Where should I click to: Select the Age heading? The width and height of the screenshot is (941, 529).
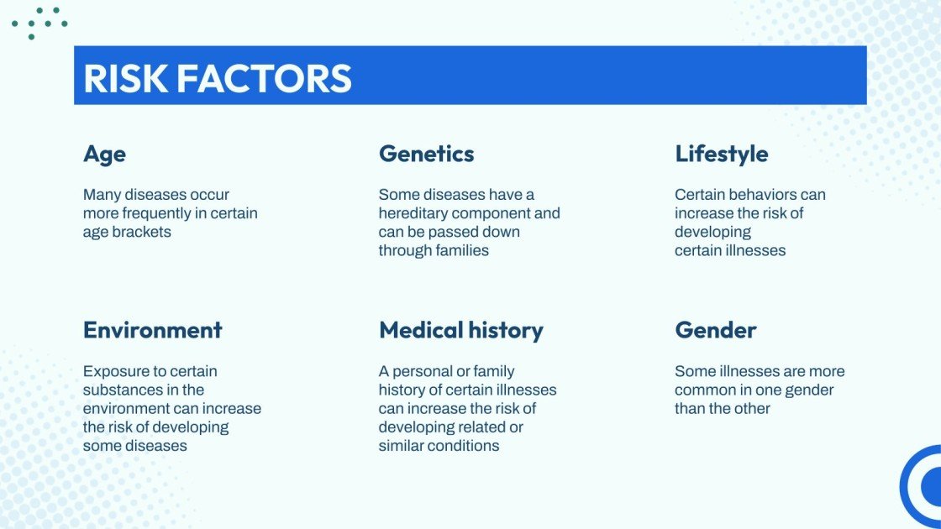[x=104, y=155]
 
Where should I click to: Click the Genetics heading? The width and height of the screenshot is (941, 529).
[x=426, y=155]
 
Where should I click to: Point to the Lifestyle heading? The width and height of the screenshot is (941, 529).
[x=721, y=155]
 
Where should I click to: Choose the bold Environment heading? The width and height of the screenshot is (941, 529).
[x=152, y=330]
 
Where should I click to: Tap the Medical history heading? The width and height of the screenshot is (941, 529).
[x=460, y=330]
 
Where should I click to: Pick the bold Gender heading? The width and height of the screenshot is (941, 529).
[x=715, y=330]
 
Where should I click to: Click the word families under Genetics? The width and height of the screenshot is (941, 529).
[x=461, y=250]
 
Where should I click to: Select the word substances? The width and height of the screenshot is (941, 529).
[x=121, y=390]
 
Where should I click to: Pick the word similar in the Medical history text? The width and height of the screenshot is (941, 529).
[x=403, y=446]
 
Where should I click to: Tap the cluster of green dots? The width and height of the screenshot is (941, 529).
[x=39, y=22]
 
